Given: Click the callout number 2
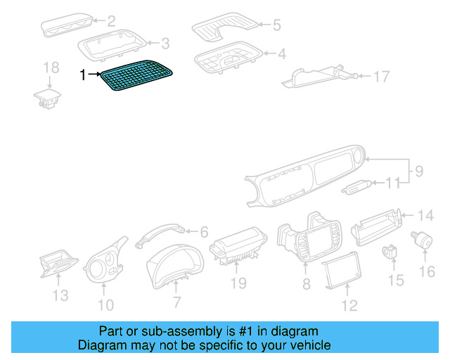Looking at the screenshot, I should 111,21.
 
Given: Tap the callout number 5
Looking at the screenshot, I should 276,25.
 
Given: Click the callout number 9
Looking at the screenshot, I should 418,170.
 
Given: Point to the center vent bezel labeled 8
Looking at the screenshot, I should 308,239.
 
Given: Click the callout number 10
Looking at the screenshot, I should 105,305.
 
